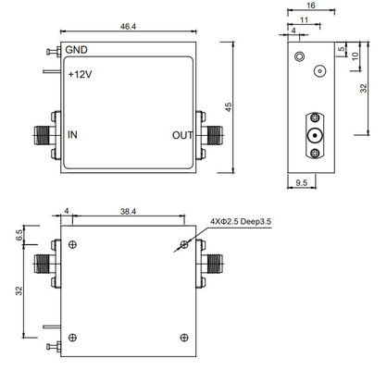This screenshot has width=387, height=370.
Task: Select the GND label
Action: [76, 50]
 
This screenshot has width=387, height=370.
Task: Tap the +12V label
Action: [79, 74]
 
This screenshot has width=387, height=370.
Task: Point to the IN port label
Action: [72, 135]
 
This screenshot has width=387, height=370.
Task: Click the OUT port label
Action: [181, 135]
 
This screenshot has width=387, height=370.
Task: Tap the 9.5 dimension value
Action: [301, 184]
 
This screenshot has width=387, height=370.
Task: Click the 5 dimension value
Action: [341, 50]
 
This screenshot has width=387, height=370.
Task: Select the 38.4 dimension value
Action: [128, 212]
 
